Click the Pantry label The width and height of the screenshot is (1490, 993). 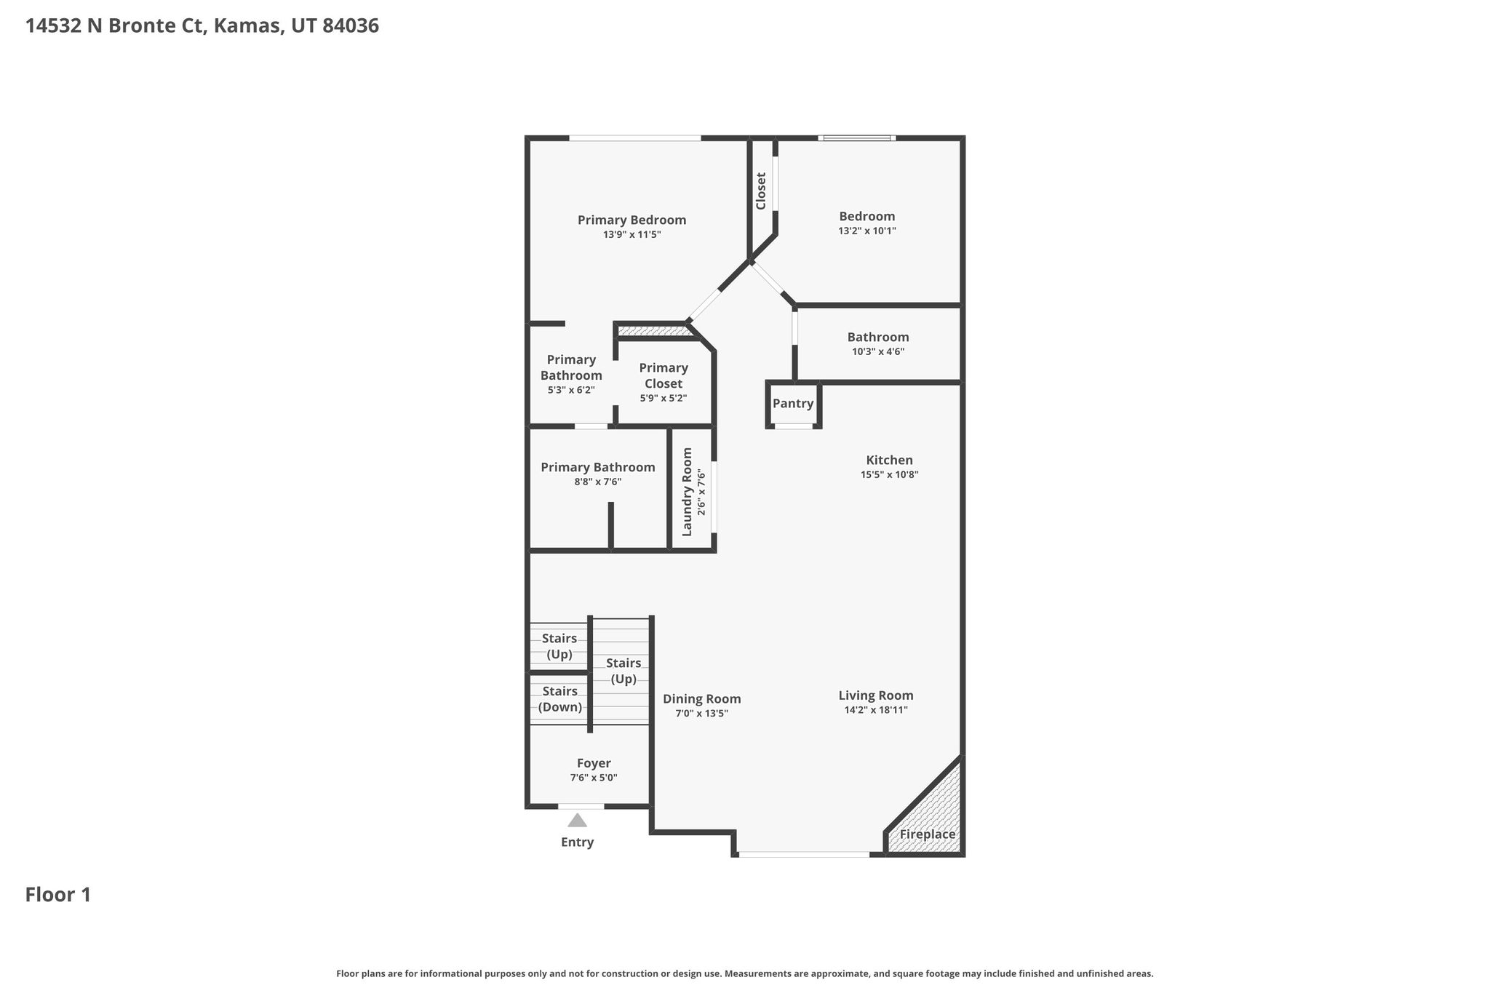(793, 404)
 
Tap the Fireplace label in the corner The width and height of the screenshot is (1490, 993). (928, 834)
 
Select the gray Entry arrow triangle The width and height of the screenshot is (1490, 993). (577, 821)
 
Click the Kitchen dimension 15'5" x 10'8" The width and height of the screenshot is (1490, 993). (889, 475)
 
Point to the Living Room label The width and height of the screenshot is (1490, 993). (876, 695)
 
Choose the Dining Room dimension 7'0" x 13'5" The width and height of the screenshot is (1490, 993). (702, 714)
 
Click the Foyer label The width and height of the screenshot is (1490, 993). (594, 763)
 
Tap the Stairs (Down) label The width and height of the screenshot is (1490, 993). (560, 699)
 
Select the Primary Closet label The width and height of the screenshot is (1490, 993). (664, 375)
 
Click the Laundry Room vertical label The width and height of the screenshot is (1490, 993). (687, 492)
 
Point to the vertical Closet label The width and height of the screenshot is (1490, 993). (761, 191)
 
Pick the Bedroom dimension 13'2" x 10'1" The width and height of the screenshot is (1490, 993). (867, 231)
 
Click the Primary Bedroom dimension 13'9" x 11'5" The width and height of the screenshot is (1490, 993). (632, 235)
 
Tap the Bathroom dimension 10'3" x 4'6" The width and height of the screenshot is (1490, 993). (878, 352)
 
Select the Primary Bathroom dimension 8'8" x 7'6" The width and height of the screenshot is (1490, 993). (598, 482)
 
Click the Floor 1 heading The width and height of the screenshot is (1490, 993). (58, 895)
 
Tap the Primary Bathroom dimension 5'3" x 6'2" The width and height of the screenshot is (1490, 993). (571, 390)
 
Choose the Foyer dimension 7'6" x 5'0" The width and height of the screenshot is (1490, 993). (594, 778)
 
